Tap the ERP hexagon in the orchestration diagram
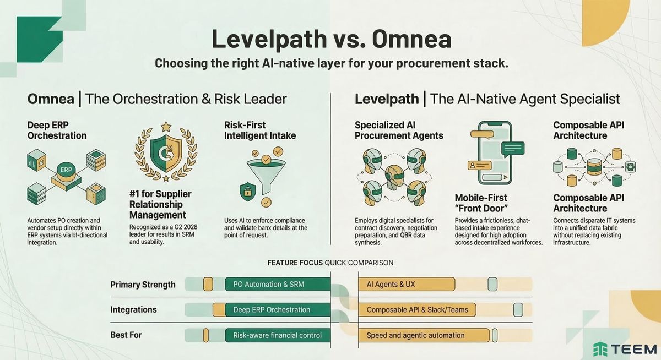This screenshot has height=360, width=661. point(66,170)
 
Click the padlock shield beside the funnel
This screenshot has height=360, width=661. point(246,191)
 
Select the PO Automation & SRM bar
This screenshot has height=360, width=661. point(278,284)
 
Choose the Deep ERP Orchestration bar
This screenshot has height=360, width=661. point(272,310)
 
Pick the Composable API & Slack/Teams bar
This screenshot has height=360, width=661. point(417,310)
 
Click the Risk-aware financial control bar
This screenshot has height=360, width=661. point(278,335)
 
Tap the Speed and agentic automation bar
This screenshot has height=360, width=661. point(424,335)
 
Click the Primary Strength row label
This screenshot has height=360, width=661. point(143,285)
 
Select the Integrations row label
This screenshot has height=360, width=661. point(133,309)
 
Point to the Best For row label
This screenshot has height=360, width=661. point(126,335)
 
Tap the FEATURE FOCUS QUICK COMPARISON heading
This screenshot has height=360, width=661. point(330,263)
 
